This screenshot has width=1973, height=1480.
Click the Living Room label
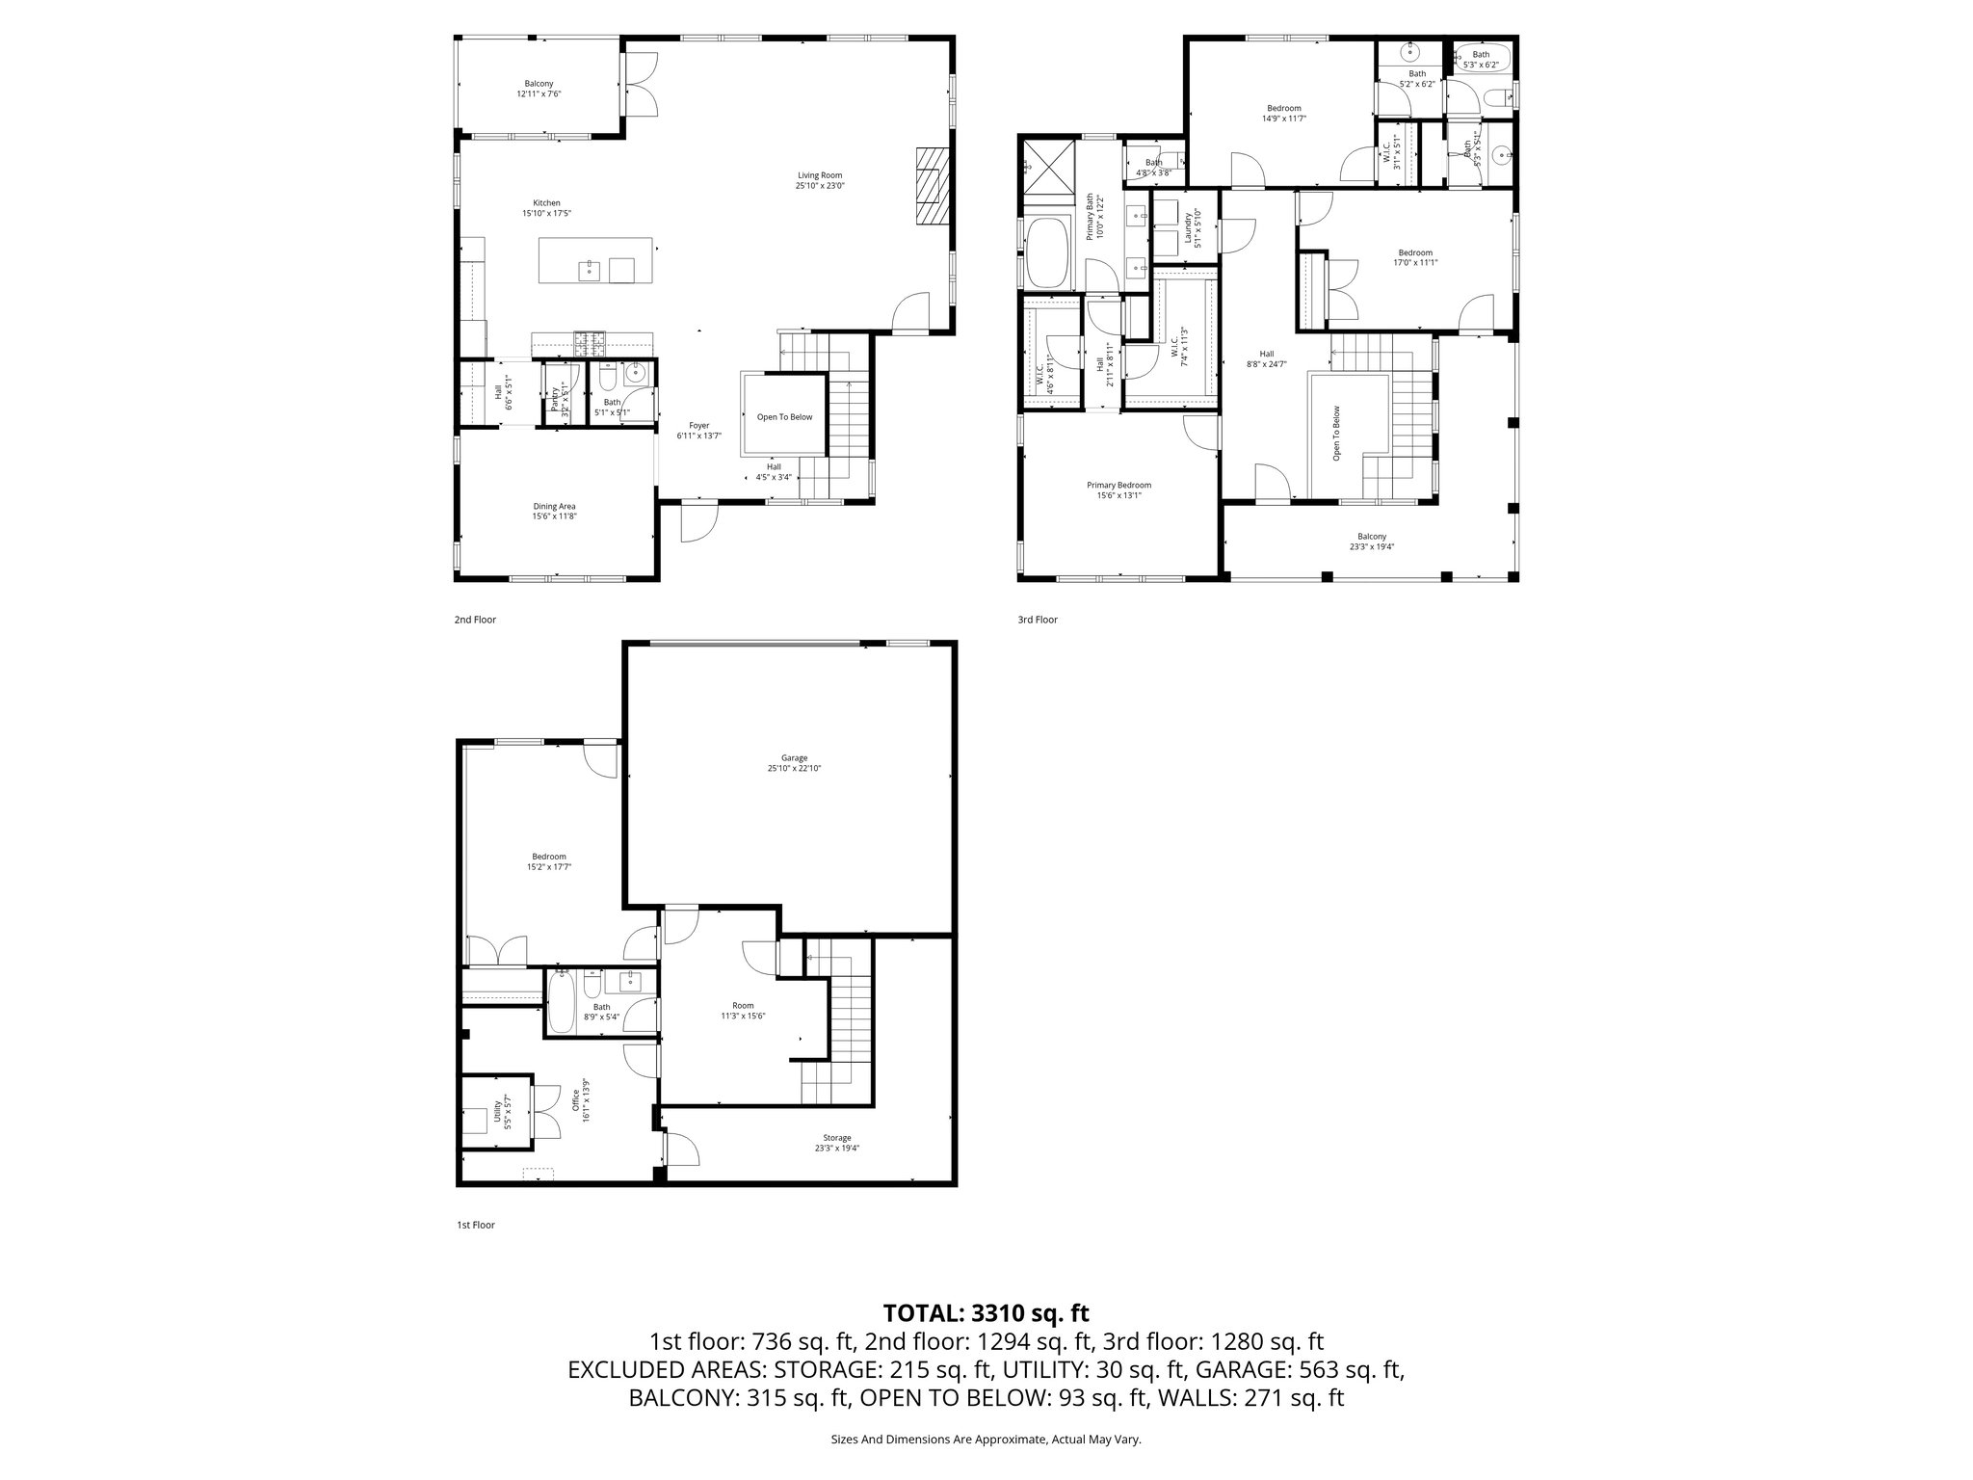point(819,175)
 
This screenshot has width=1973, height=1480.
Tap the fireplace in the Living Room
point(932,186)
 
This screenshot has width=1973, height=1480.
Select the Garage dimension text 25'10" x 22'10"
point(794,768)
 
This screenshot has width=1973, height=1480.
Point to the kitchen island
point(597,261)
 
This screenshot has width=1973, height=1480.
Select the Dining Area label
point(554,507)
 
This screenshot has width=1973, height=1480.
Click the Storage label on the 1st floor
point(836,1138)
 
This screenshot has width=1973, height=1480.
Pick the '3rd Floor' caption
point(1038,620)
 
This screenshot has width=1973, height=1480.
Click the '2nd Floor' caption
point(475,620)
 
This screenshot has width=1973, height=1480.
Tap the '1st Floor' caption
point(475,1226)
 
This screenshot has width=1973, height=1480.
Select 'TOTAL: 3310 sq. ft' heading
point(986,1312)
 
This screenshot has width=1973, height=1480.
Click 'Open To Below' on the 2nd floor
point(784,417)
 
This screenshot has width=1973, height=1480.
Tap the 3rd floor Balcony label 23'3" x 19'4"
point(1372,542)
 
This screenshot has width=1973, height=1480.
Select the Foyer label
point(698,425)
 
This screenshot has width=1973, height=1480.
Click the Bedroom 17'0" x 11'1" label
point(1415,257)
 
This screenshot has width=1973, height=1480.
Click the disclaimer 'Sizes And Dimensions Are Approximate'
point(986,1440)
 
